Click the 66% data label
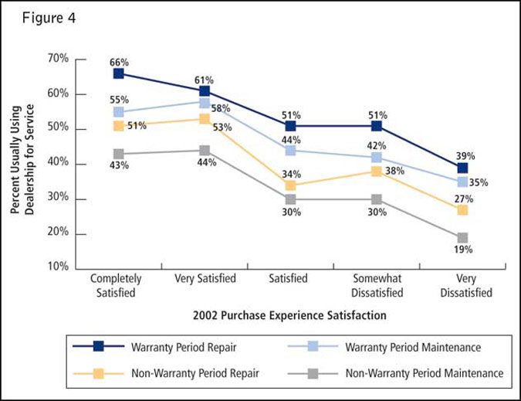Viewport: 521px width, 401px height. pyautogui.click(x=118, y=60)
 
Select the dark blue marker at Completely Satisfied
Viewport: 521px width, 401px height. pyautogui.click(x=118, y=73)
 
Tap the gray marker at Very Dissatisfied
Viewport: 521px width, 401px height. pyautogui.click(x=462, y=238)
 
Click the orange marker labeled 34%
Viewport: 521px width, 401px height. pyautogui.click(x=290, y=185)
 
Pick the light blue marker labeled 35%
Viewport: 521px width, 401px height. pyautogui.click(x=462, y=182)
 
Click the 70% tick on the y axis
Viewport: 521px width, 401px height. pyautogui.click(x=58, y=59)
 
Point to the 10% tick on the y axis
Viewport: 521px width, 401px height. pyautogui.click(x=58, y=267)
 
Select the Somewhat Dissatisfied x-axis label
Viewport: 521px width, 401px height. pyautogui.click(x=377, y=285)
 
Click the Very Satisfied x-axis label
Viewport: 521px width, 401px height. pyautogui.click(x=205, y=279)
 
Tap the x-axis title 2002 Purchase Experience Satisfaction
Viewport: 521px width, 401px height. pyautogui.click(x=290, y=315)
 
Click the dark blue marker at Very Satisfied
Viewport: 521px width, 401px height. pyautogui.click(x=205, y=91)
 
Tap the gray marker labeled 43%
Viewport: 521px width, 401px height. pyautogui.click(x=118, y=154)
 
